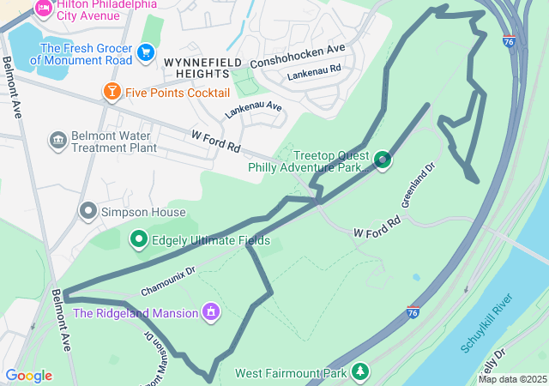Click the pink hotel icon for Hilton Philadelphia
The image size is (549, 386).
43,8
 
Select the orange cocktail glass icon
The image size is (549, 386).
112,91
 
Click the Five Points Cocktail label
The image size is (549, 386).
177,92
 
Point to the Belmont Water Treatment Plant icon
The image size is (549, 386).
58,141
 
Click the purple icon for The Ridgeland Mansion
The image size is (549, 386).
210,312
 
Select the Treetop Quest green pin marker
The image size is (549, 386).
383,160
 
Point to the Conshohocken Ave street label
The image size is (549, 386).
297,57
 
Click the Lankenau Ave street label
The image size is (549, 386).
254,110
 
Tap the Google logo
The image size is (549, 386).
28,376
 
